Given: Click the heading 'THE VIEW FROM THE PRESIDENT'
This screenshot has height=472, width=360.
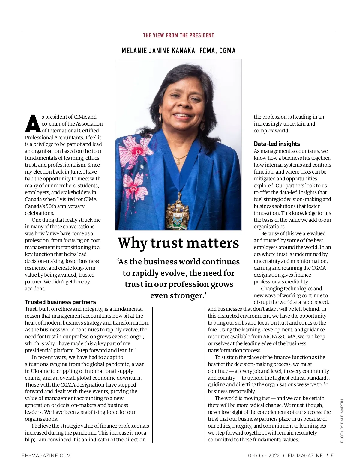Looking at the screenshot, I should click(178, 35).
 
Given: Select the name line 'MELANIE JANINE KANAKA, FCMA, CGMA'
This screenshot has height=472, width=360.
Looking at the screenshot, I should click(178, 51).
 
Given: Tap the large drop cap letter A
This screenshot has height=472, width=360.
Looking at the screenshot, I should click(32, 123).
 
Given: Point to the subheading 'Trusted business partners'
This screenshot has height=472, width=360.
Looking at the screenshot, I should click(60, 302).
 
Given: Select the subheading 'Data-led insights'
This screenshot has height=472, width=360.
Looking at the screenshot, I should click(277, 144).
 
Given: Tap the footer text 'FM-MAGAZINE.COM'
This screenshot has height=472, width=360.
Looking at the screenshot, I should click(46, 456).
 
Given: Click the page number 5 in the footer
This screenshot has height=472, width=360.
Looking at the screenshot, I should click(332, 456).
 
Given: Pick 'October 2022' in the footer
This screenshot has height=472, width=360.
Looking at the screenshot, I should click(264, 456).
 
